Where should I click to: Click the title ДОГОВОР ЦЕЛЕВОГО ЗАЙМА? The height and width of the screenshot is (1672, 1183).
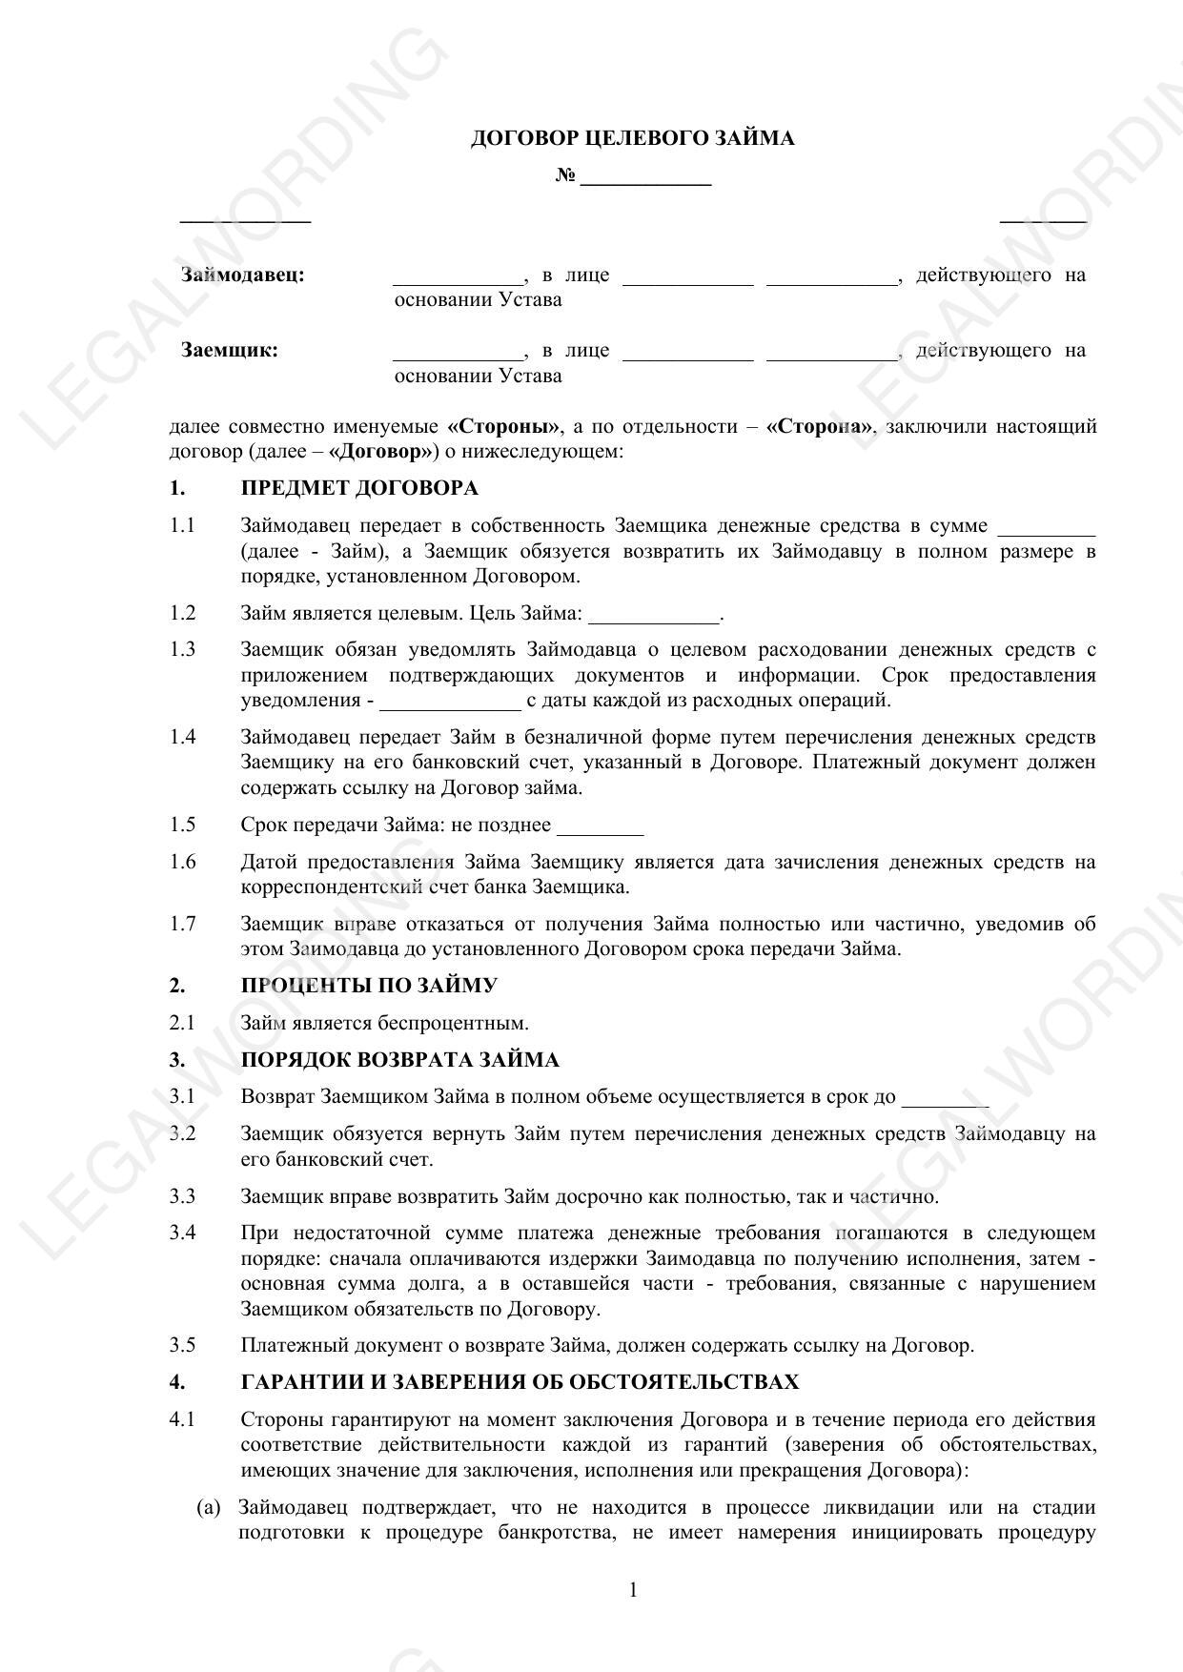(632, 138)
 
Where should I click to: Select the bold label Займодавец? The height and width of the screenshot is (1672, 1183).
(243, 275)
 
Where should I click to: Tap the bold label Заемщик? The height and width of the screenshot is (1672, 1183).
(230, 350)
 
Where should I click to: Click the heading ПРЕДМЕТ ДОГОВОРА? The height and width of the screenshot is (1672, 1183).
(359, 488)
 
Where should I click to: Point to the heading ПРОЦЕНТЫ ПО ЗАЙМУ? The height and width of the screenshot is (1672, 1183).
(369, 986)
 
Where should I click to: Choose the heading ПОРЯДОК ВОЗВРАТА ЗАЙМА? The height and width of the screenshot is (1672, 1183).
(399, 1060)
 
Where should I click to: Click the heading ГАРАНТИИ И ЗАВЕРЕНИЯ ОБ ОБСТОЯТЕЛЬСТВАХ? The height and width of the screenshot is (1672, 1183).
(520, 1382)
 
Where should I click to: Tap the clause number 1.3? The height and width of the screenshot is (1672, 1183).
(182, 649)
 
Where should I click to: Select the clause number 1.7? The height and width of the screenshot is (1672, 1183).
(182, 923)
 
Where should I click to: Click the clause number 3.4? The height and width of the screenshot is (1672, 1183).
(182, 1233)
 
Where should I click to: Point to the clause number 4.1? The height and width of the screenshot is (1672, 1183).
(182, 1419)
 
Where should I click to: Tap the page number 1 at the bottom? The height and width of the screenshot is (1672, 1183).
(633, 1589)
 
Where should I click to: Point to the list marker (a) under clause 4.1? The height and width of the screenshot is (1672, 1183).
(209, 1508)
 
